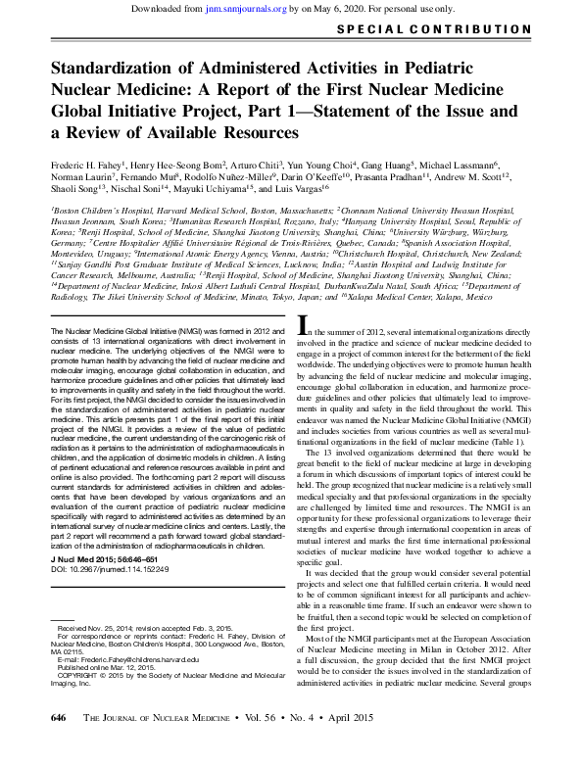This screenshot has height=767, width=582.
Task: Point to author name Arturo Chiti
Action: click(x=255, y=168)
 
